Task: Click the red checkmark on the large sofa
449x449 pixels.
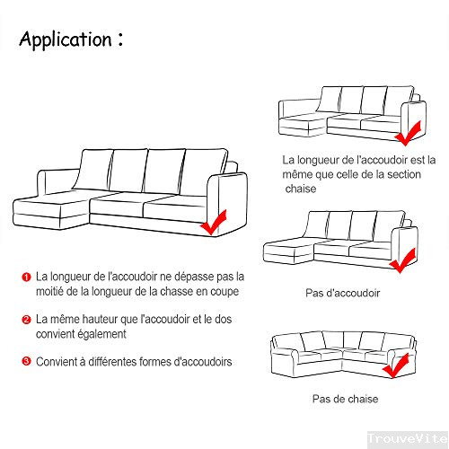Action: click(215, 223)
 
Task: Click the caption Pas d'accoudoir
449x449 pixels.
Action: click(342, 294)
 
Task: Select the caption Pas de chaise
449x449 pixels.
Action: click(345, 399)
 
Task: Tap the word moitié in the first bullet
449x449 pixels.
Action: click(53, 292)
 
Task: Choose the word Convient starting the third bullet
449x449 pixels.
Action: click(57, 361)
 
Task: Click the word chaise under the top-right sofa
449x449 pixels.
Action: click(302, 190)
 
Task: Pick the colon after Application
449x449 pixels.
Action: click(119, 40)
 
